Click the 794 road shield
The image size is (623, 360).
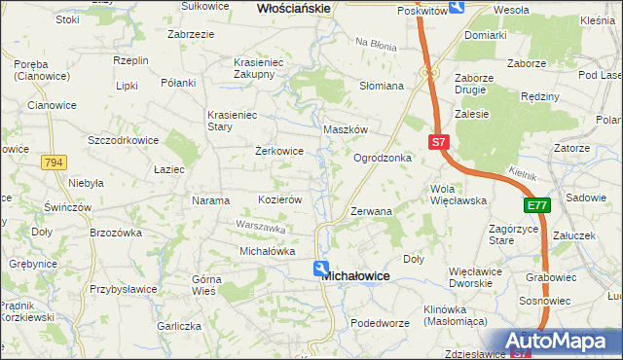pos(54,162)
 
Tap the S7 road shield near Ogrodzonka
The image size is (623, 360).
pos(439,142)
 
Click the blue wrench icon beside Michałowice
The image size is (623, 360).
pos(320,269)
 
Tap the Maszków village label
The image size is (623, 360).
pos(345,129)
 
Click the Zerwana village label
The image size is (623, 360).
pos(371,210)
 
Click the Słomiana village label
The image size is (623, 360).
pos(382,86)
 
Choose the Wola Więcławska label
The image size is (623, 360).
pos(458,195)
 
